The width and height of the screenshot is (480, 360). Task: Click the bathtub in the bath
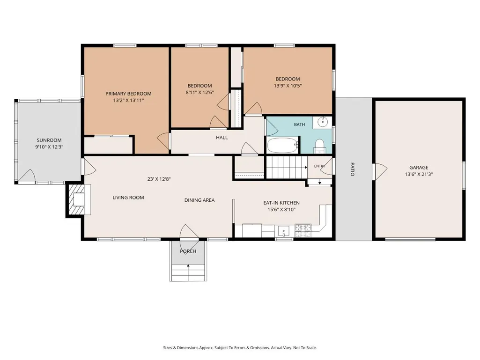pyautogui.click(x=282, y=145)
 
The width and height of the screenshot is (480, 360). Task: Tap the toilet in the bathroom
pyautogui.click(x=319, y=146)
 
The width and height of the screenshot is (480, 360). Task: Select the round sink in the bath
pyautogui.click(x=322, y=123)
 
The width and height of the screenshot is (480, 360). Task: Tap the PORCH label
pyautogui.click(x=188, y=251)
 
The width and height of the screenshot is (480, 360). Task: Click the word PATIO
pyautogui.click(x=352, y=169)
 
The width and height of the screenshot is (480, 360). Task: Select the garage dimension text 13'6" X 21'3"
pyautogui.click(x=419, y=175)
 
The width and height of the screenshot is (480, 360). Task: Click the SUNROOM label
pyautogui.click(x=49, y=140)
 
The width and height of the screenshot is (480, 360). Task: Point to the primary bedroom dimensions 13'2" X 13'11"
pyautogui.click(x=128, y=100)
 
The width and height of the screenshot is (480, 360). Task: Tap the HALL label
pyautogui.click(x=222, y=138)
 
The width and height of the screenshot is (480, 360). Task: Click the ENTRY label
pyautogui.click(x=319, y=166)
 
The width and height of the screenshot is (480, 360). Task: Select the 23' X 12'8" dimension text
pyautogui.click(x=159, y=179)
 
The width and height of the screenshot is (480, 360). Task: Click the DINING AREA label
pyautogui.click(x=199, y=200)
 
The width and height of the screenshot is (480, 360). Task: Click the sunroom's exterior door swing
pyautogui.click(x=27, y=176)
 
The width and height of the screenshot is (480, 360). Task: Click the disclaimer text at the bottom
pyautogui.click(x=240, y=348)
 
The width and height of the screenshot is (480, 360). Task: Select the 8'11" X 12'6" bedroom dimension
pyautogui.click(x=199, y=92)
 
